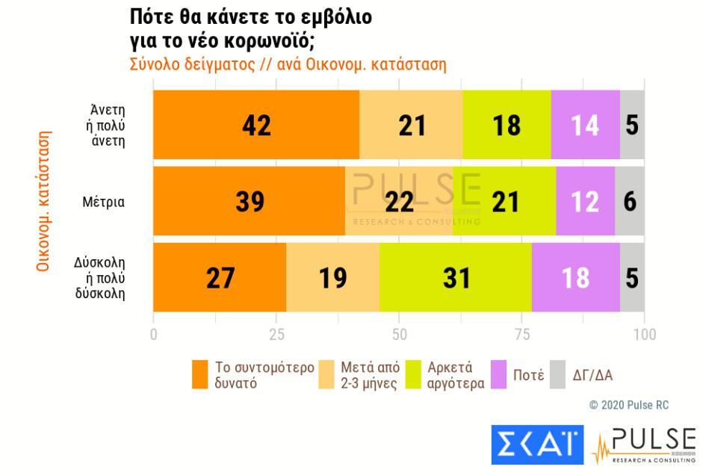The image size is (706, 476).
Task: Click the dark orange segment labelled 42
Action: (256, 125)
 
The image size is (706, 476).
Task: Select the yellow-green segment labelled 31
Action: (455, 277)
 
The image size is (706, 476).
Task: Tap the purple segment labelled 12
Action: (585, 201)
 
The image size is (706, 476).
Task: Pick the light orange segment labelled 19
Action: (332, 277)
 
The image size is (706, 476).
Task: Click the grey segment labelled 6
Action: (630, 201)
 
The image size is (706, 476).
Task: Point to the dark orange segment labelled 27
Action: (220, 277)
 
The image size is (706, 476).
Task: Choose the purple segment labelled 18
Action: (575, 277)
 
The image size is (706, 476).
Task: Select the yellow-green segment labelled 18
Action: (506, 125)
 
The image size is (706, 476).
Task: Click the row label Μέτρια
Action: (104, 201)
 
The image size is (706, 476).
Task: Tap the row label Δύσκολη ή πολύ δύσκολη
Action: (99, 278)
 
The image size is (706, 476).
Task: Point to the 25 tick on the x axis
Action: (276, 334)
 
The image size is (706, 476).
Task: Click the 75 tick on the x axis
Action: (522, 334)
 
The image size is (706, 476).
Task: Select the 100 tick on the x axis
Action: (644, 334)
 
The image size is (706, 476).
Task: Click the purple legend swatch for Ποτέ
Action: (498, 375)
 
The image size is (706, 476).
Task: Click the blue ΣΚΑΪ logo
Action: (537, 444)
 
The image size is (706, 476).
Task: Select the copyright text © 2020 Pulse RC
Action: (629, 405)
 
